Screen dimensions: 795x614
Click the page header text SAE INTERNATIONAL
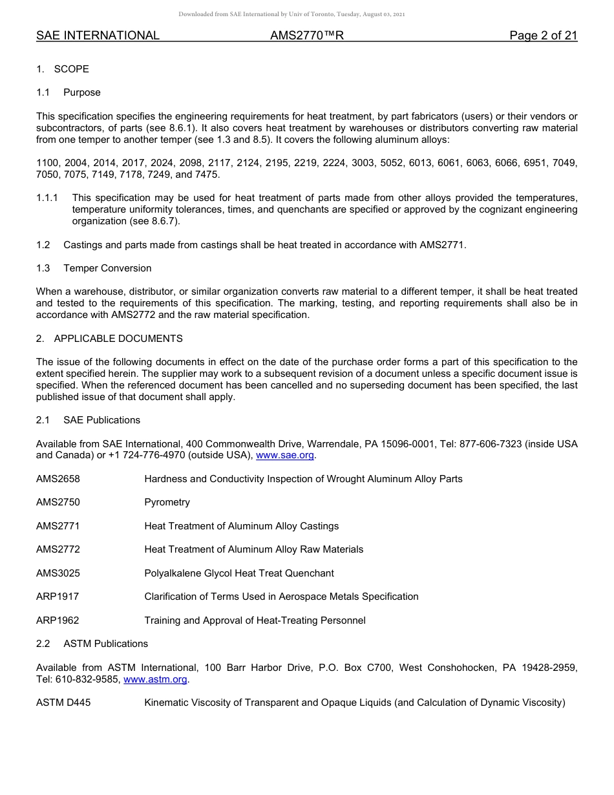click(x=98, y=36)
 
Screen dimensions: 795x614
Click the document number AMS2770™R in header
click(x=306, y=36)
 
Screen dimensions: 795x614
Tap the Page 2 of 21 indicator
click(x=543, y=36)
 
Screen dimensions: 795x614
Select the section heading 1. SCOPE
click(x=63, y=69)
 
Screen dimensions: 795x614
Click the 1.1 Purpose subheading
click(x=69, y=92)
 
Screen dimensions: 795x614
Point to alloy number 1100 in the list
click(x=47, y=163)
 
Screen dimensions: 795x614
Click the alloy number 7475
click(x=208, y=175)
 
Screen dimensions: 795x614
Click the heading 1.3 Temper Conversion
click(x=94, y=268)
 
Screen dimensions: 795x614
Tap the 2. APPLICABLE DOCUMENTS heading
click(x=109, y=339)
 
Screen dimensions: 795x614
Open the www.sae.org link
click(x=285, y=456)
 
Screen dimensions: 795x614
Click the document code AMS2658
click(x=58, y=479)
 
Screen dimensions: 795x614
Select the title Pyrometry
click(x=167, y=502)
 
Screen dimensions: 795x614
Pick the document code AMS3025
click(x=58, y=573)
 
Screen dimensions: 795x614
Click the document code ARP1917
click(x=58, y=597)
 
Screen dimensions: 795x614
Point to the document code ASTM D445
click(x=63, y=703)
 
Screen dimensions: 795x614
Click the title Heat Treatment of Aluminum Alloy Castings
click(x=241, y=526)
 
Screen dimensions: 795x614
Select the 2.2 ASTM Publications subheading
click(x=92, y=644)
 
